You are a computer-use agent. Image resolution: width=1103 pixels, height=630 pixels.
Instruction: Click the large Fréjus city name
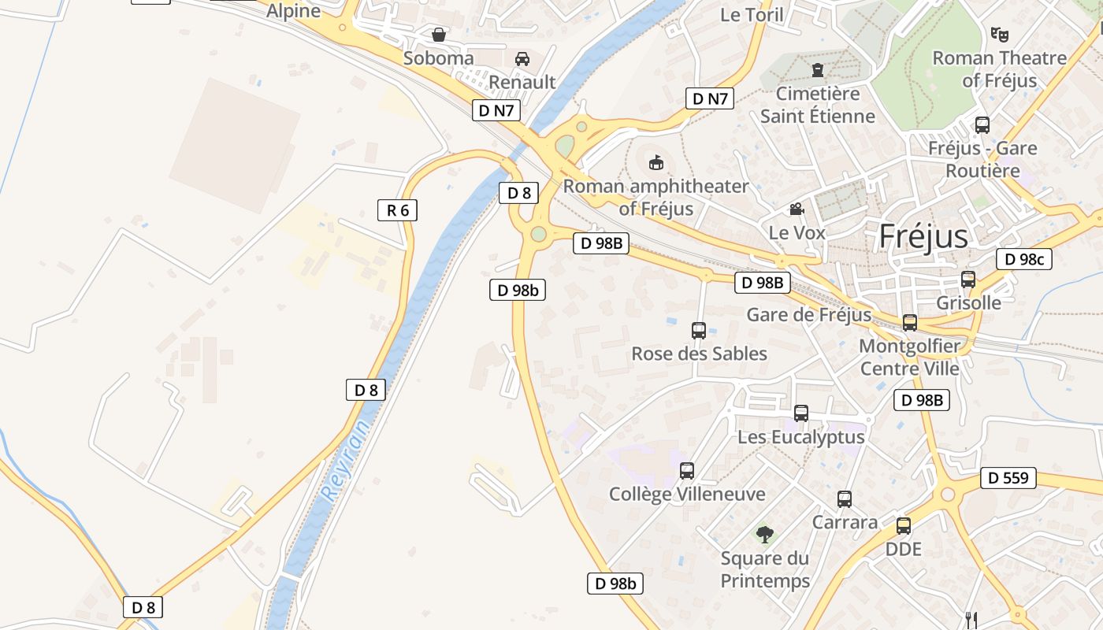pyautogui.click(x=923, y=235)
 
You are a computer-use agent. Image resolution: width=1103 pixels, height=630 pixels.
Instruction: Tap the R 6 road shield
pyautogui.click(x=397, y=210)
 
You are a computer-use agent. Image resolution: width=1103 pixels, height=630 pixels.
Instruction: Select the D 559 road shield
pyautogui.click(x=1008, y=477)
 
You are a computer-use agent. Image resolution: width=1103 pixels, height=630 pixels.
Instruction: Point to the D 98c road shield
pyautogui.click(x=1023, y=259)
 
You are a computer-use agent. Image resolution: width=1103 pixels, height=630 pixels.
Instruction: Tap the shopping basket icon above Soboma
pyautogui.click(x=439, y=35)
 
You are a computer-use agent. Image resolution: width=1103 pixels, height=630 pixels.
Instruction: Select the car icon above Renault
pyautogui.click(x=522, y=58)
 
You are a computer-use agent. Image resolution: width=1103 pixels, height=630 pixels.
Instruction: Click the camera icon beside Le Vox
pyautogui.click(x=797, y=209)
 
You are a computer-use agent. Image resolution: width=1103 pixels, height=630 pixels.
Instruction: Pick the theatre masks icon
pyautogui.click(x=999, y=34)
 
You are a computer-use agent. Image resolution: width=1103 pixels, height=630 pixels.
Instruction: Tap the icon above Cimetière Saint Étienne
pyautogui.click(x=817, y=70)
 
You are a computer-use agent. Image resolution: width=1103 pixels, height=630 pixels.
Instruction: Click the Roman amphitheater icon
pyautogui.click(x=655, y=163)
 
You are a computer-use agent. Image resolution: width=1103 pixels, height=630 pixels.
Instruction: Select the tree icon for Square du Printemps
pyautogui.click(x=764, y=535)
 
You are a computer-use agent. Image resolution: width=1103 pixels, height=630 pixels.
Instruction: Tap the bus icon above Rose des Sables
pyautogui.click(x=698, y=330)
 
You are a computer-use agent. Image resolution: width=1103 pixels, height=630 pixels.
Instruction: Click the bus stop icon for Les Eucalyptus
pyautogui.click(x=801, y=413)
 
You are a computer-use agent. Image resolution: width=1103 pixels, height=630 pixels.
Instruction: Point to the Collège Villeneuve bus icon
pyautogui.click(x=687, y=471)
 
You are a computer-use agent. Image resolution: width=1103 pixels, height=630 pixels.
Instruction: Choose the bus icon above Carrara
pyautogui.click(x=845, y=498)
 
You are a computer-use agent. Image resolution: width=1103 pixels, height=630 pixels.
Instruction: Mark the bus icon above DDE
pyautogui.click(x=904, y=525)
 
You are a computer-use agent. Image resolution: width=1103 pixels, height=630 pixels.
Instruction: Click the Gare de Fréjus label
pyautogui.click(x=808, y=315)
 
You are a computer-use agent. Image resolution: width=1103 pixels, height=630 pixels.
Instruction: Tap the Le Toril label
pyautogui.click(x=752, y=14)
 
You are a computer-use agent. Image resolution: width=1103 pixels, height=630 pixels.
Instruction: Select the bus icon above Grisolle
pyautogui.click(x=968, y=280)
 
